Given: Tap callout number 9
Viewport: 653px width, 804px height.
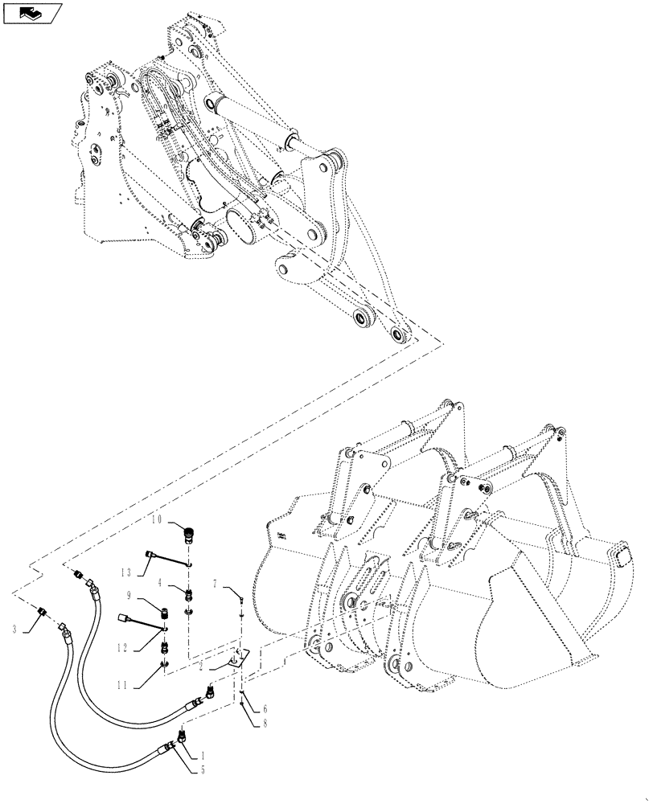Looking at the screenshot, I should [x=129, y=596].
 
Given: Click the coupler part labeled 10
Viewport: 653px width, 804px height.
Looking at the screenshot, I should [x=191, y=533].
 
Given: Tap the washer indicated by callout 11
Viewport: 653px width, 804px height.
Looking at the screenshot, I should [x=164, y=664].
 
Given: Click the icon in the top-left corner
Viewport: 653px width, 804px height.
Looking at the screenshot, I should [x=31, y=13].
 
